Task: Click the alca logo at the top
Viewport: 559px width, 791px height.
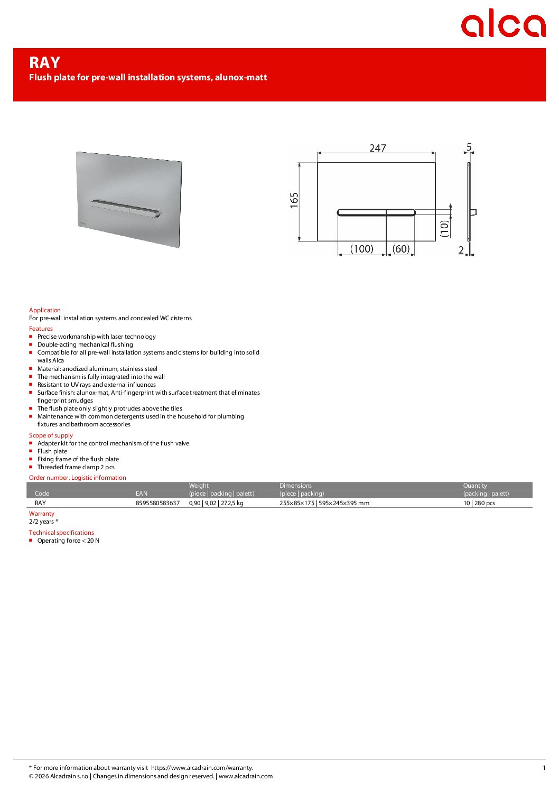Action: pos(502,24)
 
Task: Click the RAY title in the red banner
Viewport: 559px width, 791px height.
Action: pos(45,63)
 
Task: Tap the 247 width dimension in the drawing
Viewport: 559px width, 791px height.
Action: pos(378,148)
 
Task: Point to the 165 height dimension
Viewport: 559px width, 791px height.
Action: pos(294,200)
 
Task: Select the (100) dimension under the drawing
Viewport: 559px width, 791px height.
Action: pos(362,249)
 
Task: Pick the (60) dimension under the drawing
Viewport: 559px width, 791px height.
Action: pos(401,249)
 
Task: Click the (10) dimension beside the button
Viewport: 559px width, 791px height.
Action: pos(444,228)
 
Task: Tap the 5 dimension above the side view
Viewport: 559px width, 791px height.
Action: pos(469,147)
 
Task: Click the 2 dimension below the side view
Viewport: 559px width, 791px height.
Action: pos(461,250)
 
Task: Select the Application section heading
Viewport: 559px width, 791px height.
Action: pos(45,310)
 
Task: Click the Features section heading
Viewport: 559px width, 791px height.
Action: pos(41,329)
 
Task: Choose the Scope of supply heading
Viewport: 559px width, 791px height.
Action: pos(51,435)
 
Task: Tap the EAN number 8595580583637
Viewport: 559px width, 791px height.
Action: pos(157,503)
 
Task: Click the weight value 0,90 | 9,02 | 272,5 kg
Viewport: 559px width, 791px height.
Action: pos(216,503)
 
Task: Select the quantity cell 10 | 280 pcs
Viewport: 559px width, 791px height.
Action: pos(479,503)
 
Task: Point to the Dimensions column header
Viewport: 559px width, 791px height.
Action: pos(295,486)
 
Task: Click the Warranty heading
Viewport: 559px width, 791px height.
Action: pos(42,514)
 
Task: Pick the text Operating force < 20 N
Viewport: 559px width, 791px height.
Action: pos(68,541)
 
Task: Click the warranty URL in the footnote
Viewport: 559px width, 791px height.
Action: pos(202,768)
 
